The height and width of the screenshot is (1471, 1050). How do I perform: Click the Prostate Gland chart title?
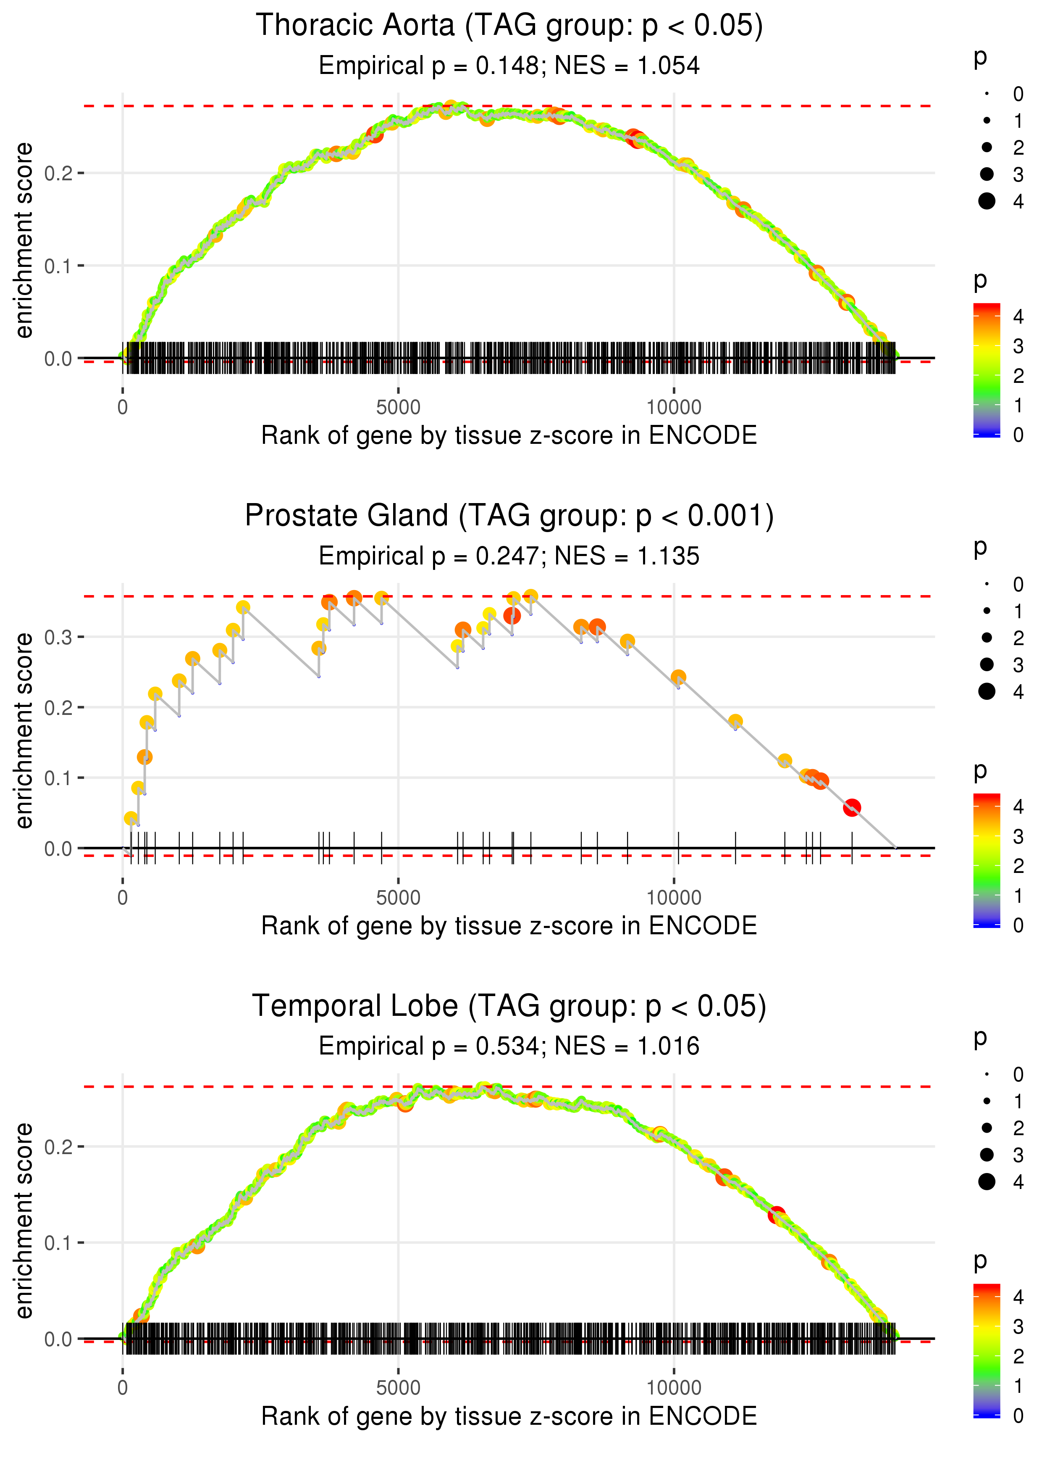(509, 516)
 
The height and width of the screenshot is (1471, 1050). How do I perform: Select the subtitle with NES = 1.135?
(509, 556)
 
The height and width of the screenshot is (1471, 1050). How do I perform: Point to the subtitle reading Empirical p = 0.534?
(509, 1046)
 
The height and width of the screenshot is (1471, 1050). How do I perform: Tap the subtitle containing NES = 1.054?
(509, 66)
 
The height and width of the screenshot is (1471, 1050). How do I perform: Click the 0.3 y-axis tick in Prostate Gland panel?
(57, 637)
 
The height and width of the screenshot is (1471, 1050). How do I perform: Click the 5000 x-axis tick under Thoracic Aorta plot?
(398, 408)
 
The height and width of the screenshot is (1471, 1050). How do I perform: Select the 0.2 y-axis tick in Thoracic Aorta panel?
(57, 173)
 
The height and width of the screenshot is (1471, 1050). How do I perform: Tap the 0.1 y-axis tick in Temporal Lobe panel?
(57, 1243)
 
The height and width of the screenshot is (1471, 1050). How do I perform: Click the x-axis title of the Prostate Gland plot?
(509, 926)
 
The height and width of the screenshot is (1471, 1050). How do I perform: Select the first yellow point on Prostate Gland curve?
(131, 818)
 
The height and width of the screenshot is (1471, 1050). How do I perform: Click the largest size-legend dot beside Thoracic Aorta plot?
(987, 201)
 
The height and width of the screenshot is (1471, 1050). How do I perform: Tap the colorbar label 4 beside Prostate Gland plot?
(1018, 807)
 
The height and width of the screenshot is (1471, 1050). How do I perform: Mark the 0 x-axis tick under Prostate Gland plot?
(123, 898)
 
